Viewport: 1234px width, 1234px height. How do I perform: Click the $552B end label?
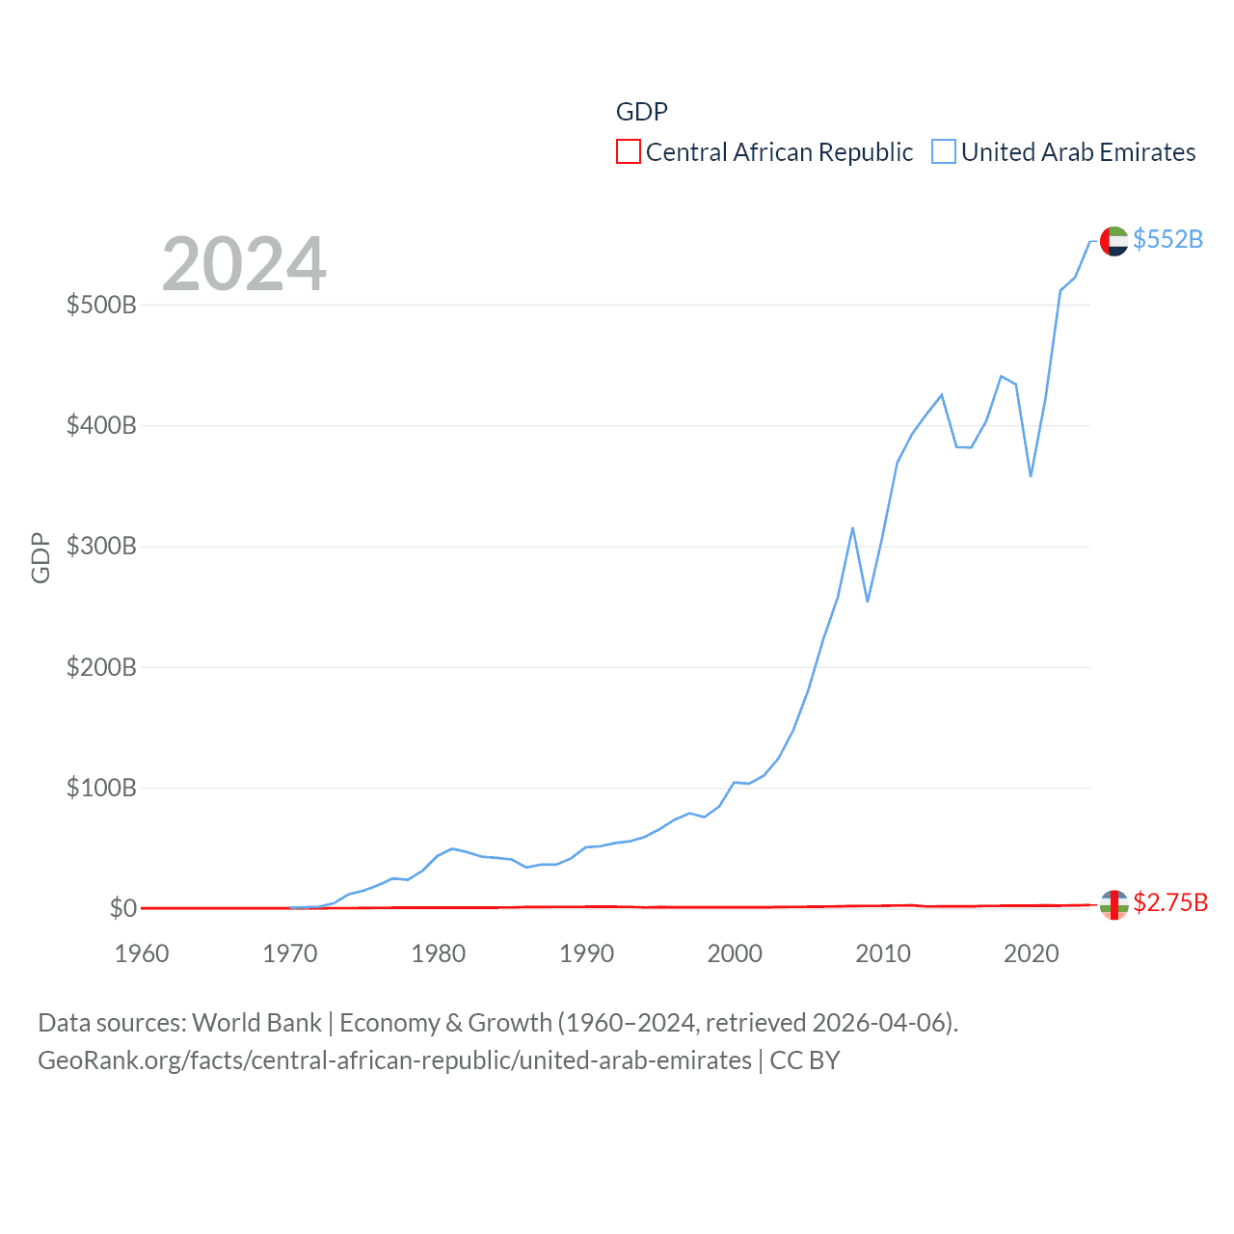click(x=1167, y=239)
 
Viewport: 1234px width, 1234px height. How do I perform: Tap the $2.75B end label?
click(x=1170, y=902)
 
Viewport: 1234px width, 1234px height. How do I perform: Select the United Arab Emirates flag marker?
click(x=1113, y=241)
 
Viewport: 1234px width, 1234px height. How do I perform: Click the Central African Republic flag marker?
click(x=1113, y=904)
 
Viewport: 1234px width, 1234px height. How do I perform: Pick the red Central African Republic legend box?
click(x=629, y=152)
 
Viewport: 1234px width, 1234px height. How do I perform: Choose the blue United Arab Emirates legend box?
click(x=944, y=152)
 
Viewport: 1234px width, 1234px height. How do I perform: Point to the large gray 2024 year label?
click(x=244, y=264)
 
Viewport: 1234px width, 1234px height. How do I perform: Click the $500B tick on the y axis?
click(x=101, y=306)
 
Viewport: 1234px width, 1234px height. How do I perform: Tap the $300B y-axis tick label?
click(x=101, y=547)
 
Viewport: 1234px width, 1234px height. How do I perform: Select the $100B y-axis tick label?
click(x=101, y=789)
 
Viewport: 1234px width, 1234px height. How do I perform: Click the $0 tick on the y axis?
click(x=123, y=908)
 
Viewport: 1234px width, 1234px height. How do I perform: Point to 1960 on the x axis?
click(x=142, y=954)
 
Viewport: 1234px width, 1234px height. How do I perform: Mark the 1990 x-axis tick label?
click(x=586, y=954)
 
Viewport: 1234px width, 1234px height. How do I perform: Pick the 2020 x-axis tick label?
click(x=1031, y=954)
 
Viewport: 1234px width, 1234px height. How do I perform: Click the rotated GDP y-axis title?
click(x=40, y=557)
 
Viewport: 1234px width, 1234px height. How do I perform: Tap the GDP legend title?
click(x=642, y=112)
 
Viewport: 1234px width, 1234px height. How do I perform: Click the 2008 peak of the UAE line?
click(x=852, y=528)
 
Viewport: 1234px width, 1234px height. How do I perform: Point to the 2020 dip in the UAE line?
click(x=1031, y=475)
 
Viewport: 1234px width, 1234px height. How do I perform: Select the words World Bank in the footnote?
click(x=256, y=1023)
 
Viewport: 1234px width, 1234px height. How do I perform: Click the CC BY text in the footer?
click(x=805, y=1060)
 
